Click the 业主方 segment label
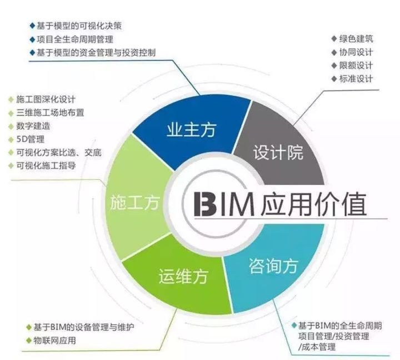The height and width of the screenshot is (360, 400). coord(192,129)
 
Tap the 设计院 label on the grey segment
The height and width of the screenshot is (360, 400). coord(278,153)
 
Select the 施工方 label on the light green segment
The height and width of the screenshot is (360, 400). coord(135,202)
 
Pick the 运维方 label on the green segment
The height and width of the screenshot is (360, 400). coord(183,276)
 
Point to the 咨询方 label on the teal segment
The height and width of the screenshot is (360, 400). coord(273,266)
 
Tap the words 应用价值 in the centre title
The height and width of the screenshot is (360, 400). coord(314,204)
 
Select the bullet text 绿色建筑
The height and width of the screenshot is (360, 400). coord(356,39)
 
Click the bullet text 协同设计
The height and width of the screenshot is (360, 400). coord(356,52)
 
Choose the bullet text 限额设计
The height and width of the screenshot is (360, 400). coord(356,66)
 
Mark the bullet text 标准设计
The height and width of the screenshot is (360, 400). coord(356,78)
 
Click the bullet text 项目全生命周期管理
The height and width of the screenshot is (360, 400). coord(75,39)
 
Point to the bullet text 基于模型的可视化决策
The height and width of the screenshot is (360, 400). coord(79,26)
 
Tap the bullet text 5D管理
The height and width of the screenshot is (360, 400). coord(31,139)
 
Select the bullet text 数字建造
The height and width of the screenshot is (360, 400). coord(33,126)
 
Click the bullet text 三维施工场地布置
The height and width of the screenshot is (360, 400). coord(50,113)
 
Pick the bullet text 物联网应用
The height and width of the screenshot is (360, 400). coord(54,341)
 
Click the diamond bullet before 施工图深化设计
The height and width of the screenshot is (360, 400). coord(11,99)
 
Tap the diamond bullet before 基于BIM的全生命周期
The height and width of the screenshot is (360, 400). coord(294,326)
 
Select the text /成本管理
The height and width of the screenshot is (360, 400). coord(317,347)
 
